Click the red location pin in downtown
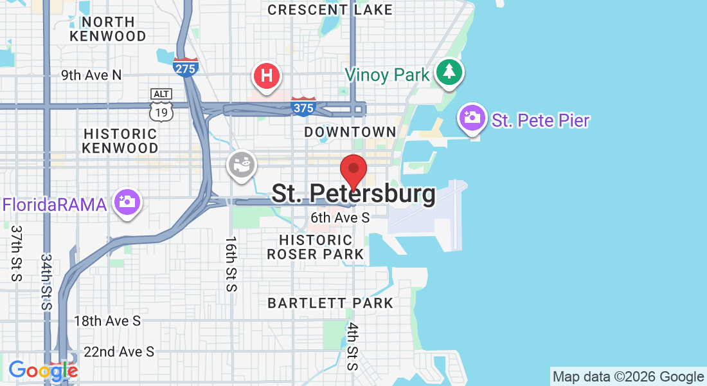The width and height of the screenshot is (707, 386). (x=353, y=170)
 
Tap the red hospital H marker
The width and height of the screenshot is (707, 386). (x=267, y=75)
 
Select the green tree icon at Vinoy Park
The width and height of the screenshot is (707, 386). (x=449, y=71)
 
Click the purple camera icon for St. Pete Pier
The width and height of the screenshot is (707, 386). (x=472, y=117)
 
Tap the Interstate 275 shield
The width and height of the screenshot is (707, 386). (x=185, y=66)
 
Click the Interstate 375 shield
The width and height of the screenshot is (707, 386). (x=303, y=106)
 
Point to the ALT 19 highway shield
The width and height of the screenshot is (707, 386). (x=161, y=106)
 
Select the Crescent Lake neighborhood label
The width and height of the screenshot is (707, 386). (x=330, y=10)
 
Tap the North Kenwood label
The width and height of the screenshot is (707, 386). (x=108, y=28)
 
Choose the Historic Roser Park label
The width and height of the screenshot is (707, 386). (x=315, y=247)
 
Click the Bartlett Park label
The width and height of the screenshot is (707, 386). (x=330, y=302)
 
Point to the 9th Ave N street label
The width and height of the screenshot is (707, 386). (x=91, y=75)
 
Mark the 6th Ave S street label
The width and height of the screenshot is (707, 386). (x=339, y=218)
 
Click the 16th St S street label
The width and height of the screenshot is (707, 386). (x=231, y=264)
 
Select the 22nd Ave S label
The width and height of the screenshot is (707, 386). (x=119, y=352)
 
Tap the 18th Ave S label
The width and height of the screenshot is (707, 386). (x=107, y=320)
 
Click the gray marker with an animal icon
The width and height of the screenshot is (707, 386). (x=242, y=165)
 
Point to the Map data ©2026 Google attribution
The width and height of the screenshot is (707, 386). (x=628, y=377)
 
